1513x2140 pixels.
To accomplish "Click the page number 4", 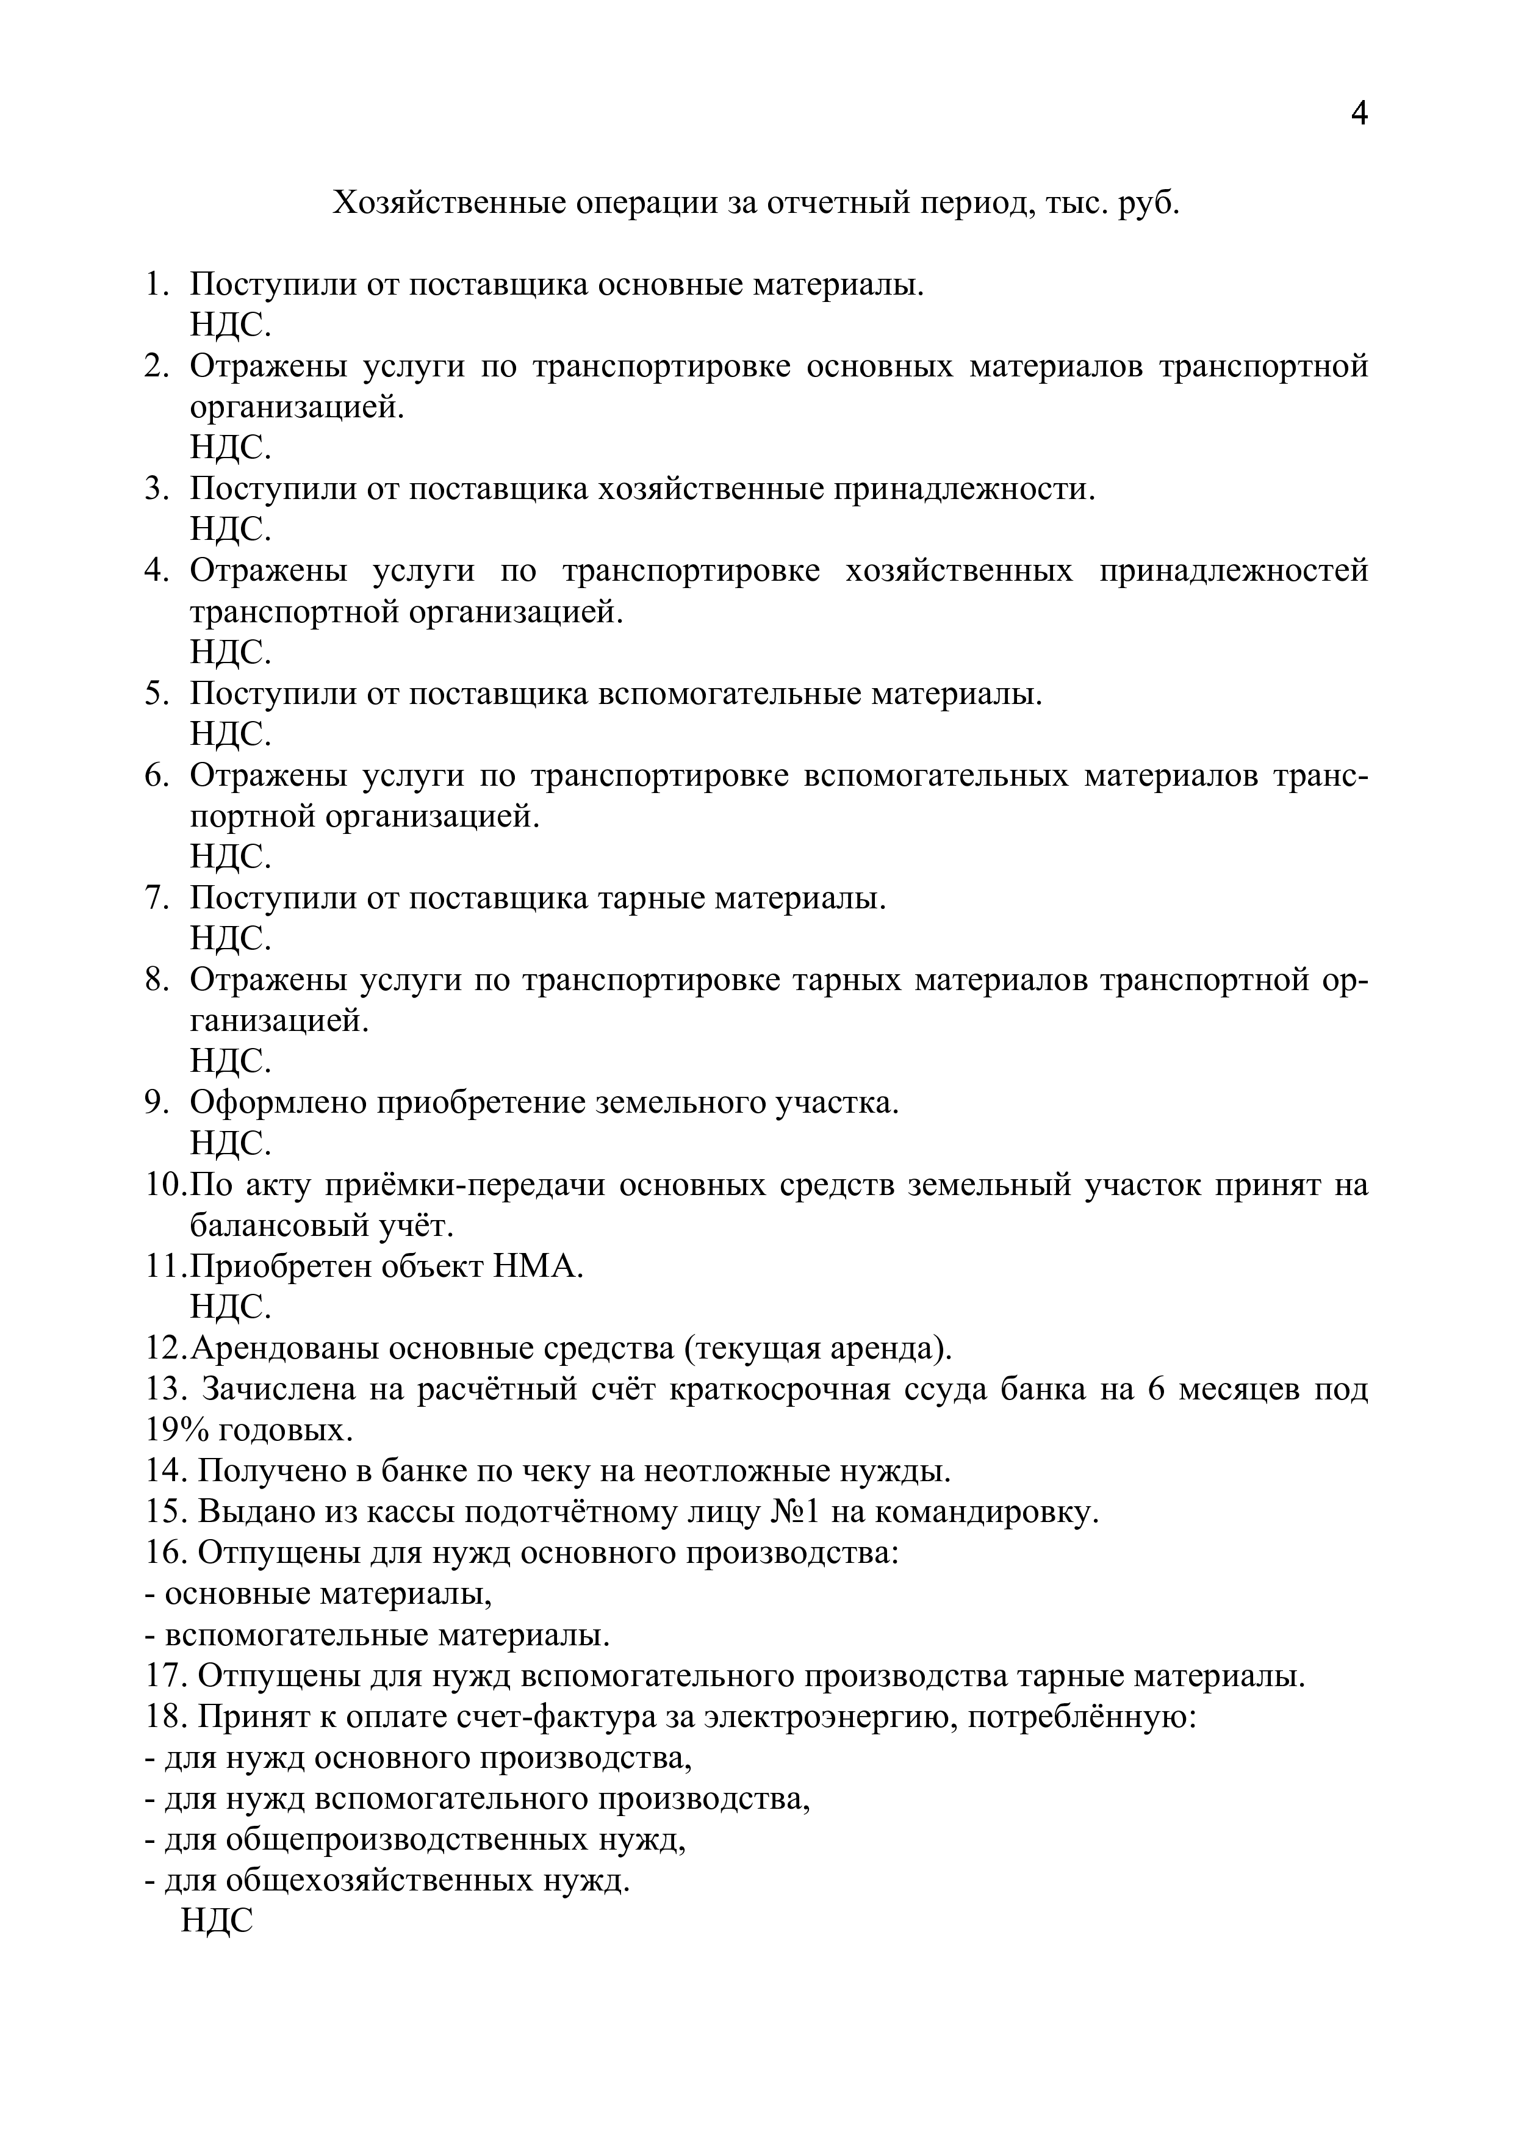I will pyautogui.click(x=1358, y=113).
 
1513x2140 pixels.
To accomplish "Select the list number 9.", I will pyautogui.click(x=156, y=1102).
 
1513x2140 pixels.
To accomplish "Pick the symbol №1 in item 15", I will pyautogui.click(x=794, y=1512).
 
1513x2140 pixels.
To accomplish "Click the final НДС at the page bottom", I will pyautogui.click(x=217, y=1921).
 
